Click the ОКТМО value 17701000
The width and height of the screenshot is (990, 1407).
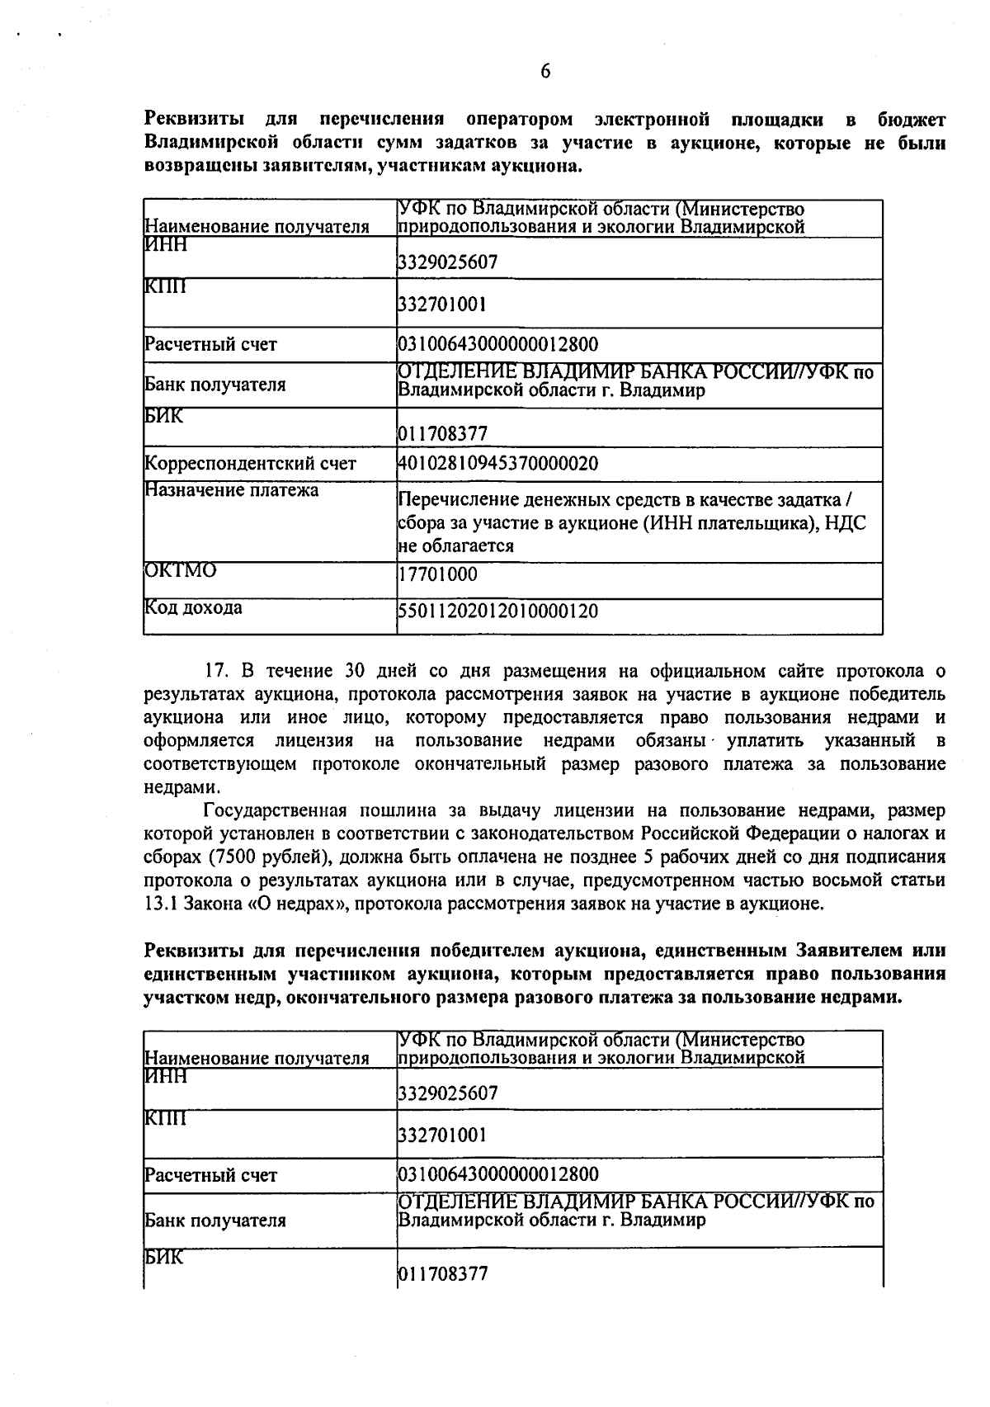(437, 574)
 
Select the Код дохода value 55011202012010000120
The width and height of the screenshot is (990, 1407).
(497, 611)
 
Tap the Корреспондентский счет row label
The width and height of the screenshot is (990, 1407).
(251, 463)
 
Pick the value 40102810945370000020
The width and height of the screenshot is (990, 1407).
(497, 463)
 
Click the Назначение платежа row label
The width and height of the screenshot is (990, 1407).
(232, 490)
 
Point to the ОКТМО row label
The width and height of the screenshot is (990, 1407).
(181, 570)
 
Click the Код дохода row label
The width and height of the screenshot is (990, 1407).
(194, 608)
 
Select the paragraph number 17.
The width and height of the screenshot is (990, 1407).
(215, 671)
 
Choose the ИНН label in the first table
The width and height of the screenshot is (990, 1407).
(166, 245)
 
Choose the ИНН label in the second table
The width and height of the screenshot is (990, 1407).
(166, 1076)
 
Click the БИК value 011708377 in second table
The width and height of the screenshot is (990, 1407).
(443, 1273)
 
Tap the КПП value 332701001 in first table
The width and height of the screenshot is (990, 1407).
(441, 305)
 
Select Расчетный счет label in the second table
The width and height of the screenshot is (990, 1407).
(210, 1175)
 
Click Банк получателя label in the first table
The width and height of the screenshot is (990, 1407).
(215, 385)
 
